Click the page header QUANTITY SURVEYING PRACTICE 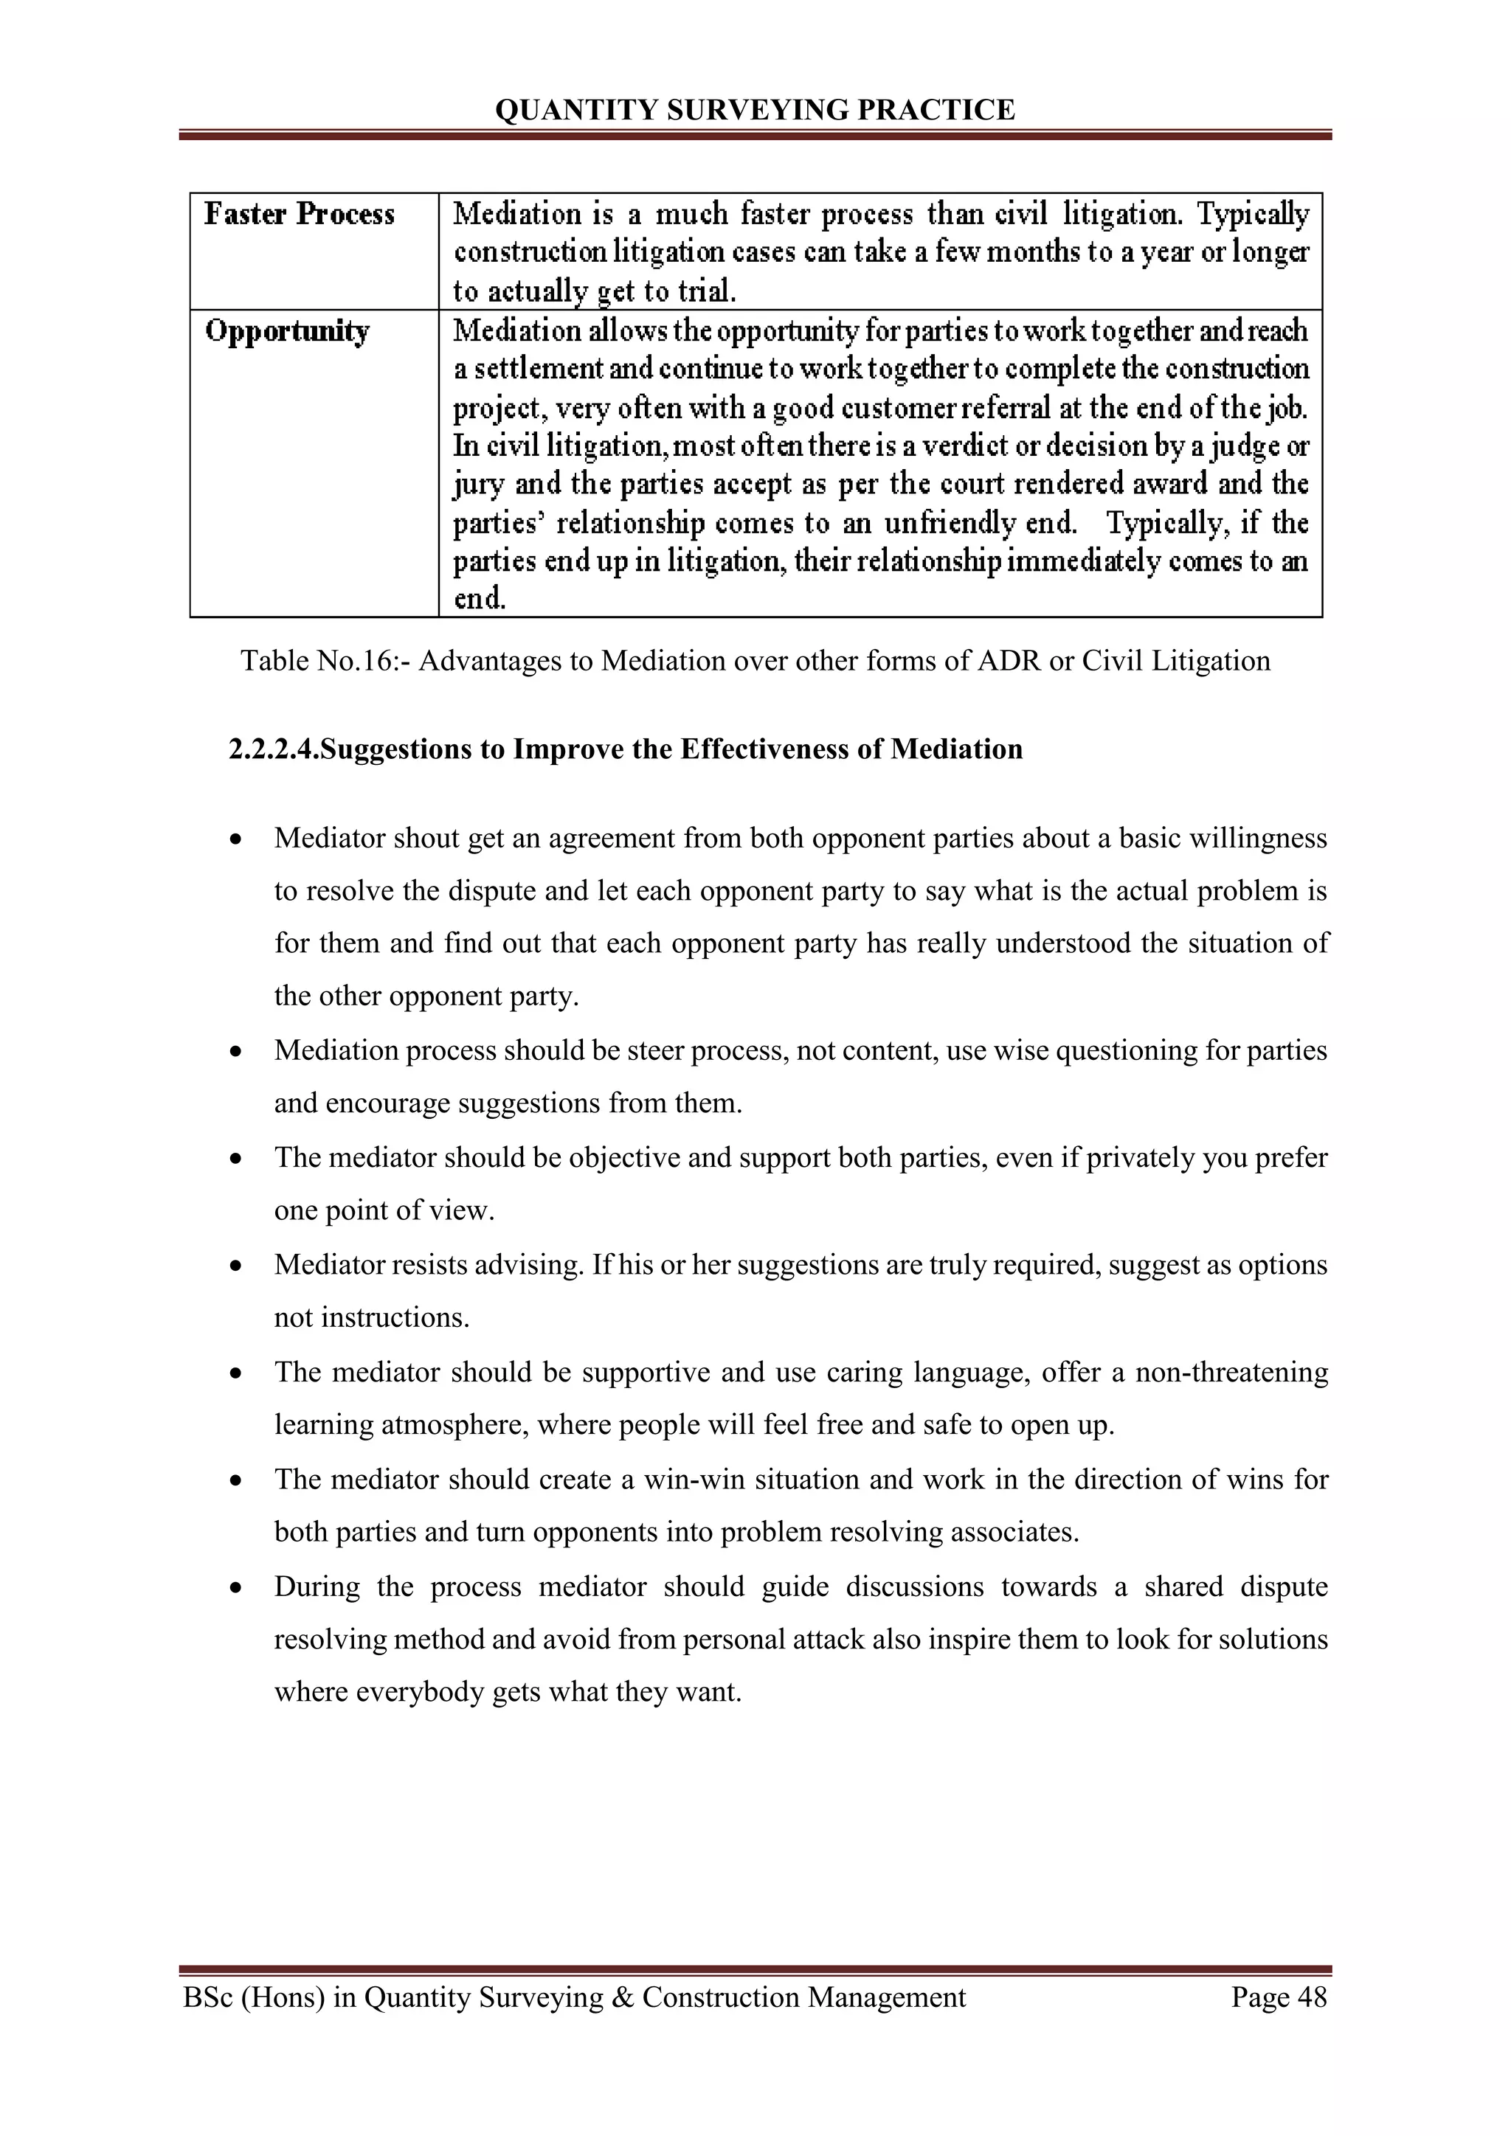click(755, 110)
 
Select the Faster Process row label click(300, 214)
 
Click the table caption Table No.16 click(325, 661)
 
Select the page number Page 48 click(1279, 1997)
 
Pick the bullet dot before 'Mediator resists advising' click(238, 1266)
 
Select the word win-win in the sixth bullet click(694, 1480)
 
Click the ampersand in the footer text click(623, 1997)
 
